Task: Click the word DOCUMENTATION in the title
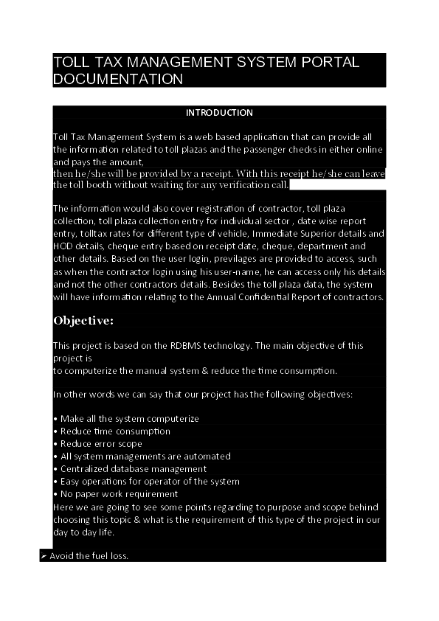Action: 117,79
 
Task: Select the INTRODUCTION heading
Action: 219,113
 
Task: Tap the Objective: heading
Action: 83,321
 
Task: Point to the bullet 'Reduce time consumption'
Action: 115,431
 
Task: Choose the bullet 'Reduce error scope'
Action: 101,444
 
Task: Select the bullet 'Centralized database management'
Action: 133,469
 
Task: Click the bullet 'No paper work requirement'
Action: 119,494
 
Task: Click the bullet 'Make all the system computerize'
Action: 129,419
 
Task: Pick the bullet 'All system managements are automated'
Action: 145,457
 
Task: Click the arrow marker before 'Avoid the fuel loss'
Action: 44,555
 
